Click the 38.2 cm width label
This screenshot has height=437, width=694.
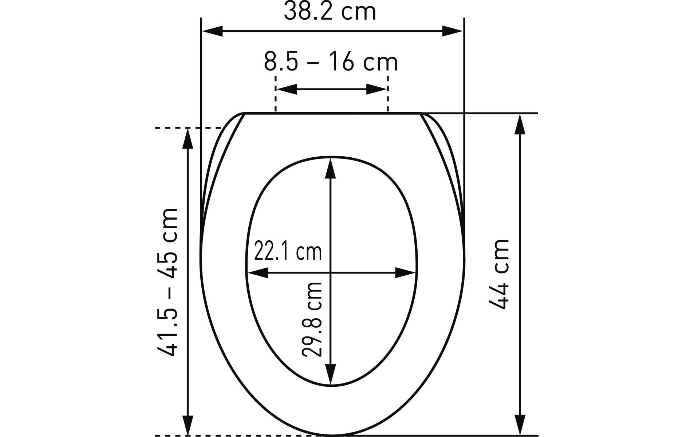330,12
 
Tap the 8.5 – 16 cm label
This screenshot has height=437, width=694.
331,62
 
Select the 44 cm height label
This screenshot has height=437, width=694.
499,274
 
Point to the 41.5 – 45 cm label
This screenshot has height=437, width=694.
168,282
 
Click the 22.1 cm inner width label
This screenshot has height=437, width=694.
288,252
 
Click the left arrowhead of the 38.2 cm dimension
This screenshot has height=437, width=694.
212,31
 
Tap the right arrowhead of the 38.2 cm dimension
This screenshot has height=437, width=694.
453,31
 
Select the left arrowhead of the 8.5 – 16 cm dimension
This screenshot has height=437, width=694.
287,89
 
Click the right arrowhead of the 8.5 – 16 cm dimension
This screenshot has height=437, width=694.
376,89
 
